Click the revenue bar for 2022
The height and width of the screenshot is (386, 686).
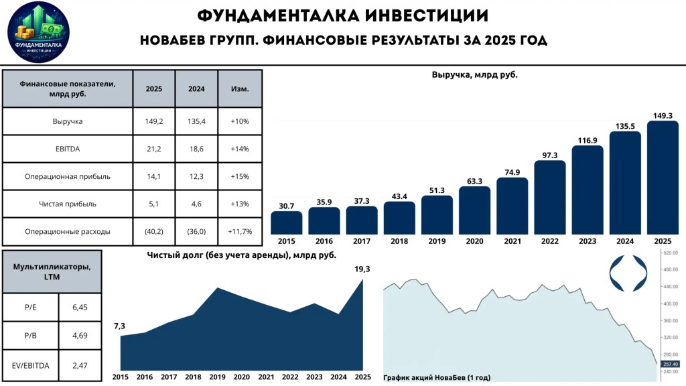(549, 198)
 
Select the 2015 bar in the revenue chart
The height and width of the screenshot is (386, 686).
(286, 222)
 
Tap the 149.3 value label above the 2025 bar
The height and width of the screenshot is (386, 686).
(663, 115)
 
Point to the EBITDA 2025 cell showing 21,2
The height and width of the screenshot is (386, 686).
(153, 149)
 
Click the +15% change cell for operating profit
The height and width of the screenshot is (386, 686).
(240, 176)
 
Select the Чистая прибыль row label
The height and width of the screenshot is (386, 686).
(68, 204)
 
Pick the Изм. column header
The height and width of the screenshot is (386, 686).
(240, 89)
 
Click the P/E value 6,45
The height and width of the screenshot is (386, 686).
(80, 307)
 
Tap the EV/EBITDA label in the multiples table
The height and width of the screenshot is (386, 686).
(31, 365)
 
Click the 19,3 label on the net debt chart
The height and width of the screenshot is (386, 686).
(362, 269)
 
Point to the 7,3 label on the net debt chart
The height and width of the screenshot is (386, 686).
(119, 326)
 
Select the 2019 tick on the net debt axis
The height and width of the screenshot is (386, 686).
(218, 377)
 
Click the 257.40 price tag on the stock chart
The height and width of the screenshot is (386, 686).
(670, 364)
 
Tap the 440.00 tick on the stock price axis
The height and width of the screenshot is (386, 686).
(671, 287)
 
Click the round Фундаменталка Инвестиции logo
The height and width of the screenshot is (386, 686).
(38, 32)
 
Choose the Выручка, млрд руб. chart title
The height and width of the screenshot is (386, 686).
(475, 75)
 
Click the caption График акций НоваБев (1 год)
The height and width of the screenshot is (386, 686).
(437, 377)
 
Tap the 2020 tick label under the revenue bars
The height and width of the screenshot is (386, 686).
(474, 241)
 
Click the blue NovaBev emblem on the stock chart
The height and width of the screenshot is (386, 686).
(628, 273)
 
